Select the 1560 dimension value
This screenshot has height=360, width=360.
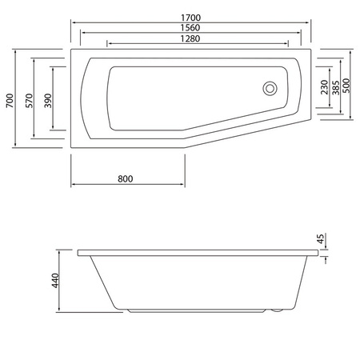click(x=190, y=26)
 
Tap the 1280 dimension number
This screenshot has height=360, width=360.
click(x=190, y=38)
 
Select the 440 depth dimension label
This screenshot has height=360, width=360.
click(x=55, y=282)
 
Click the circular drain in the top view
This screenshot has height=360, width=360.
click(x=270, y=88)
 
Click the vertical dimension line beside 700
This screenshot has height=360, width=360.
click(x=17, y=101)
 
